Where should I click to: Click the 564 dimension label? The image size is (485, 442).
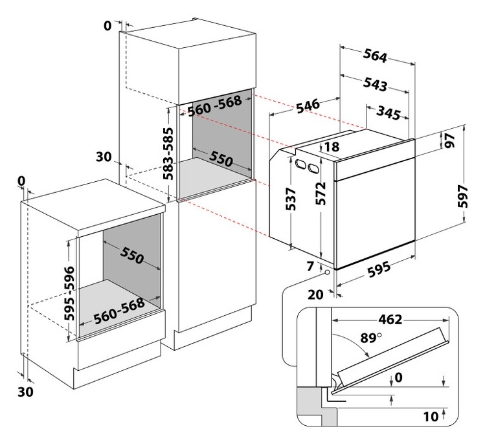tap(376, 57)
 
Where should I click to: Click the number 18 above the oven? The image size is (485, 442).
tap(331, 148)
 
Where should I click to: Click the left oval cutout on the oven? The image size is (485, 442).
tap(301, 166)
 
